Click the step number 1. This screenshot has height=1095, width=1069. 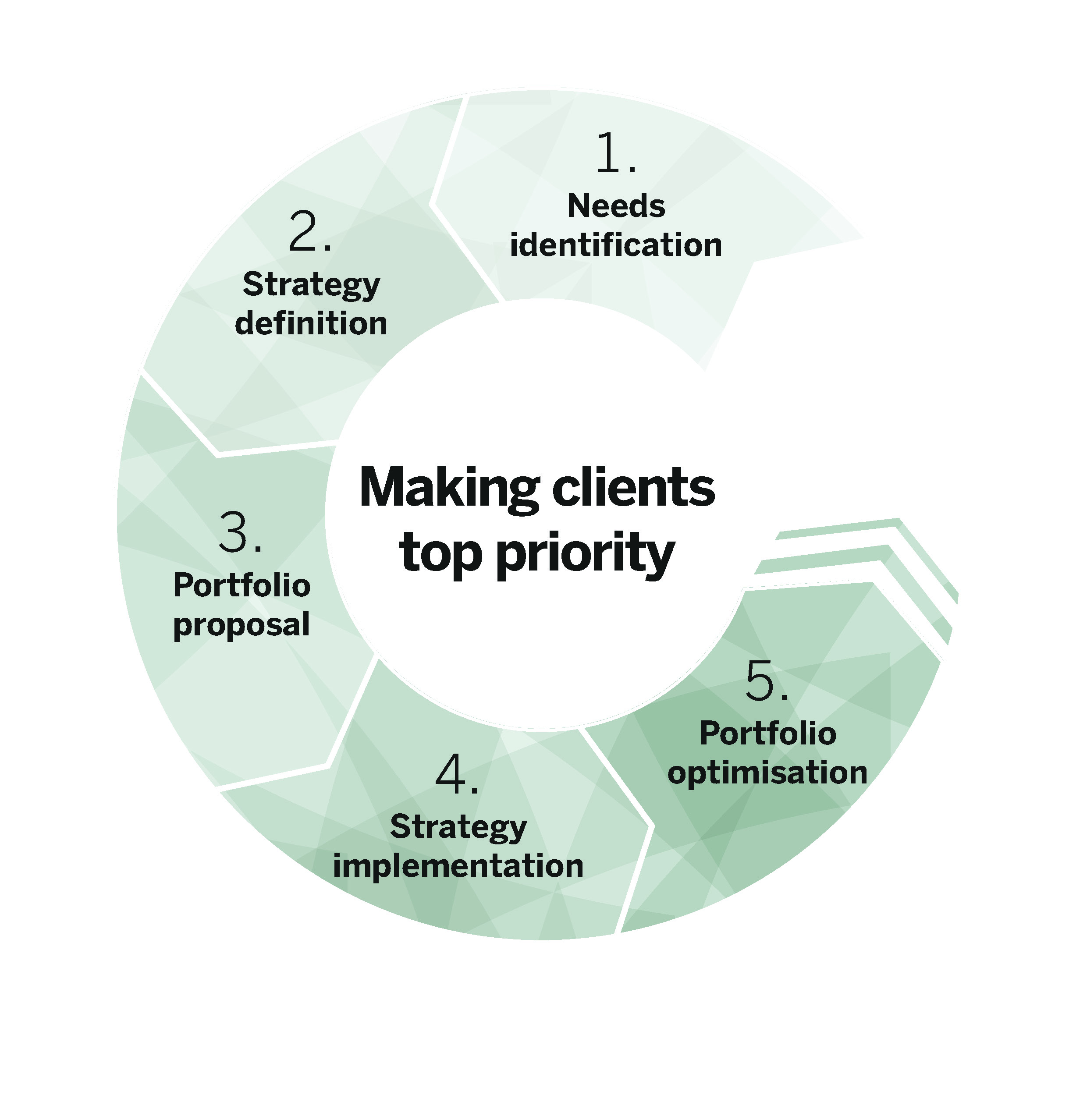tap(616, 152)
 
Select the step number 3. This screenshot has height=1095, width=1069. tap(240, 532)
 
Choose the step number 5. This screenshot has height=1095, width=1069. tap(767, 681)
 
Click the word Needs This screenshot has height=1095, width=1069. tap(616, 206)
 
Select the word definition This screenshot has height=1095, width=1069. tap(311, 323)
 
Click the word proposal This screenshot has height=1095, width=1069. tap(242, 625)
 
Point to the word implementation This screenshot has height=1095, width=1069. tap(458, 865)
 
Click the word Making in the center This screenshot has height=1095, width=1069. tap(450, 487)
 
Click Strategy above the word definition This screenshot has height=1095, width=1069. tap(311, 285)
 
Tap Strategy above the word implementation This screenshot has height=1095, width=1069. tap(458, 827)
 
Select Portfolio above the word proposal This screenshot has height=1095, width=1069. tap(242, 585)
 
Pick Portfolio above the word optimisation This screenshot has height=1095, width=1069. tap(767, 733)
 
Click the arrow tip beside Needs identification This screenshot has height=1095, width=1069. tap(863, 238)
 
